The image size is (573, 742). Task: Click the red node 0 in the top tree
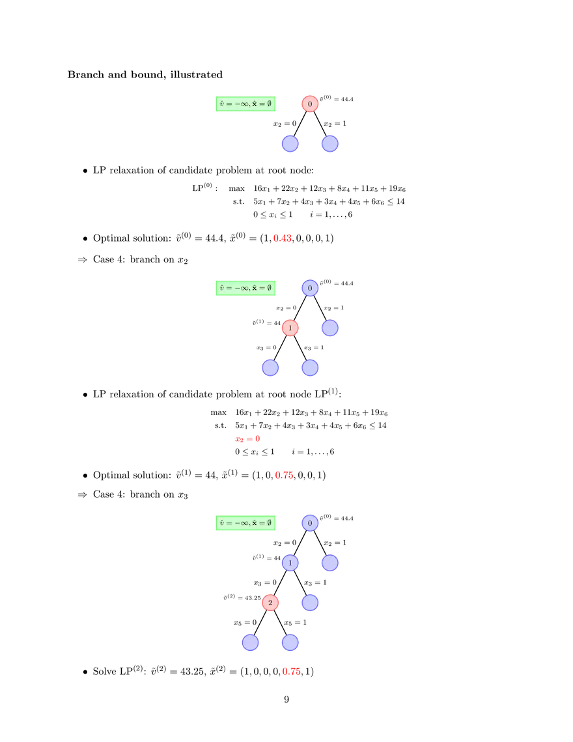tap(310, 104)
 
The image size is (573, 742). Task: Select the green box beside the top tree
tap(245, 104)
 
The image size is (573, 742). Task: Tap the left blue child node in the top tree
tap(290, 143)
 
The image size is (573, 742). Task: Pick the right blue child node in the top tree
tap(330, 143)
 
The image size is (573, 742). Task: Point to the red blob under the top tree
tap(282, 238)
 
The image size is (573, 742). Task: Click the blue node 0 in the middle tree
tap(310, 287)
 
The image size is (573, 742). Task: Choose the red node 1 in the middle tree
tap(290, 328)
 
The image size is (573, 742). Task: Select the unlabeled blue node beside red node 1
tap(330, 328)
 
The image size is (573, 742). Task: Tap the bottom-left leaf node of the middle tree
tap(270, 367)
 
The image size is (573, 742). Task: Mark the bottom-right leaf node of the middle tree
tap(310, 367)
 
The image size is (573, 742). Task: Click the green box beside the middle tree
tap(245, 287)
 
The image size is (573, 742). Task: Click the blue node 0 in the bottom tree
tap(310, 522)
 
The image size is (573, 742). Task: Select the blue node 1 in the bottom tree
tap(290, 562)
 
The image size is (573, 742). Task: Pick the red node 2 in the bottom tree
tap(270, 603)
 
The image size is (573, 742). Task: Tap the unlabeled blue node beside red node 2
tap(310, 603)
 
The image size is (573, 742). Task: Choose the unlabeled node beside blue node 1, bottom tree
tap(330, 562)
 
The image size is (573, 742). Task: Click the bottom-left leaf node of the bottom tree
tap(250, 642)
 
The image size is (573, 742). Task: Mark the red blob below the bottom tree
tap(291, 670)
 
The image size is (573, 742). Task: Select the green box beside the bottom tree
tap(245, 522)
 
